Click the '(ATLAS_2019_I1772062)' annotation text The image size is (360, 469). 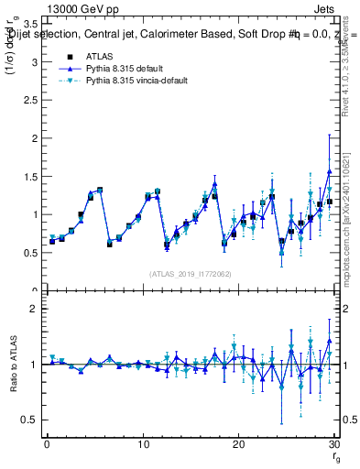point(191,273)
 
